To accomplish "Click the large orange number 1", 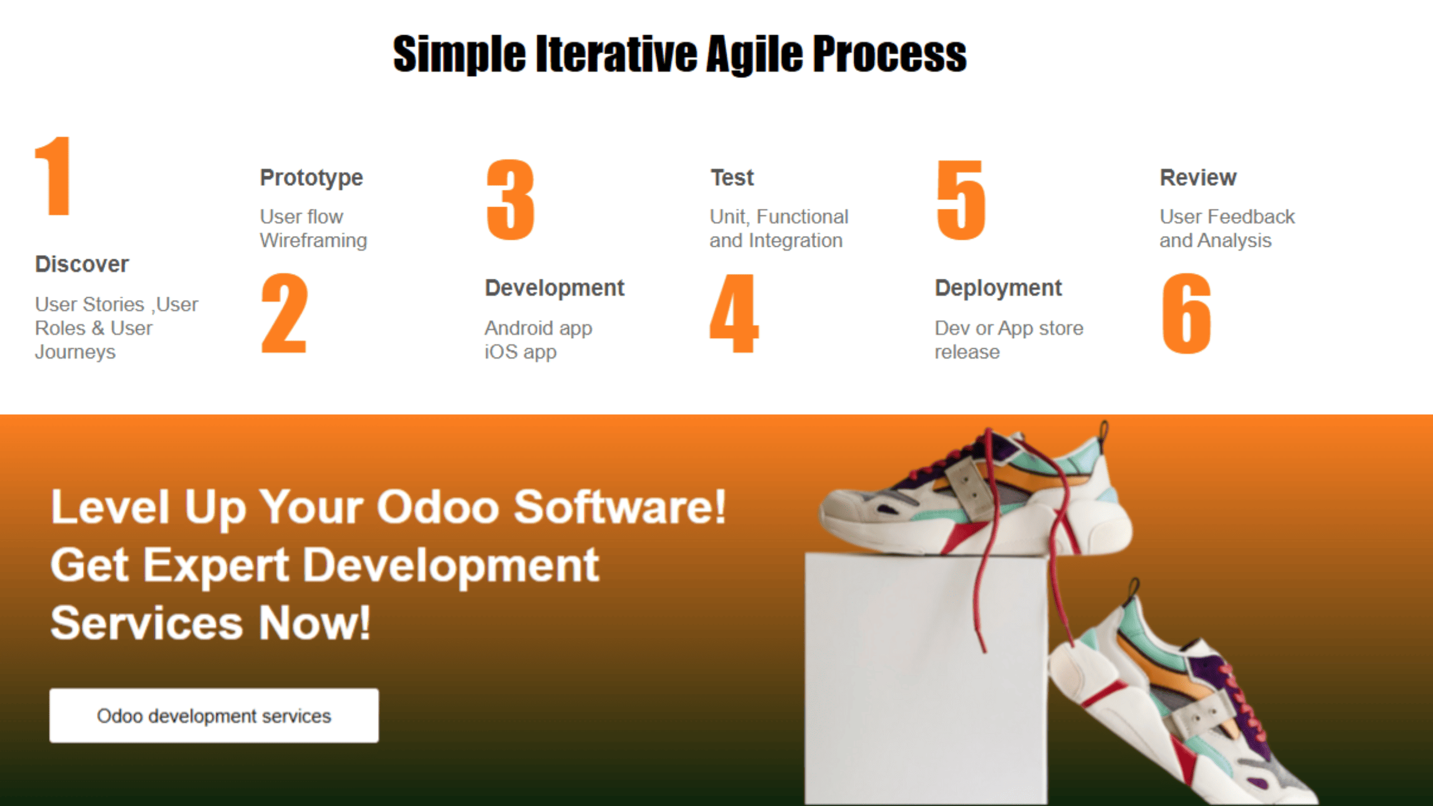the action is click(x=54, y=176).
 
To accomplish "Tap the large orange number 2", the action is click(x=284, y=313).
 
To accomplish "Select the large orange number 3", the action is click(x=511, y=199).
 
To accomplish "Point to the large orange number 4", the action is click(x=734, y=313).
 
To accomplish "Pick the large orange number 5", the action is click(x=961, y=200).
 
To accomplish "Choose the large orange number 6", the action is click(x=1187, y=313).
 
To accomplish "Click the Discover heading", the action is click(x=82, y=264).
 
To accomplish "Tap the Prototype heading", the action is click(x=311, y=179).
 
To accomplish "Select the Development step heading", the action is click(x=554, y=288).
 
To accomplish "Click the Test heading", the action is click(x=732, y=178).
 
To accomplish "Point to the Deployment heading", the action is click(x=998, y=288).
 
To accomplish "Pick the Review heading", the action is click(x=1198, y=178).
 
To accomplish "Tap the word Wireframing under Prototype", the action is click(x=313, y=241).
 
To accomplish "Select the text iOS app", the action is click(x=521, y=353).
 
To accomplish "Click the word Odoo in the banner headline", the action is click(x=438, y=507).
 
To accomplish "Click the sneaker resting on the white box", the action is click(x=974, y=493).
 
